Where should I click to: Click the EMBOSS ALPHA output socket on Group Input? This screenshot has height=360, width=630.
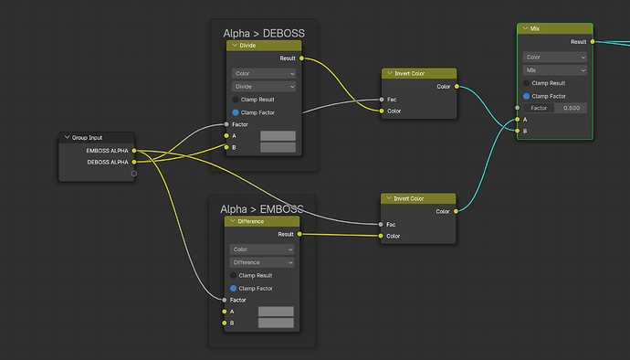(x=134, y=151)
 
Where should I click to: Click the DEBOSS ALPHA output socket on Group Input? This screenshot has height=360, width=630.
(x=134, y=162)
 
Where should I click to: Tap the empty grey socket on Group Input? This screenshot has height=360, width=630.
(x=134, y=174)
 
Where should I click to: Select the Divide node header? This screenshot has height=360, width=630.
(x=264, y=46)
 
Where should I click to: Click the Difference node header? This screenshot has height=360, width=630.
(x=262, y=221)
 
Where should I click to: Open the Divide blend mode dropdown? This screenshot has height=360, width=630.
(x=264, y=87)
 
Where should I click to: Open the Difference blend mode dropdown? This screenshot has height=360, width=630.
(x=261, y=262)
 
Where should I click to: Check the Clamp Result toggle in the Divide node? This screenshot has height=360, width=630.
(x=236, y=100)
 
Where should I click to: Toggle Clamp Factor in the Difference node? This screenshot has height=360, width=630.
(x=234, y=289)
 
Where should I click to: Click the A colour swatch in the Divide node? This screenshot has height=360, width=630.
(x=278, y=135)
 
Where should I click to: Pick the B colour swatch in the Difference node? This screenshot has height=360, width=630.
(x=276, y=323)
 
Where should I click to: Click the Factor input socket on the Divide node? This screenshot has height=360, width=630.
(x=226, y=124)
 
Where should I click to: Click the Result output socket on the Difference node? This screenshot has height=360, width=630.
(x=299, y=234)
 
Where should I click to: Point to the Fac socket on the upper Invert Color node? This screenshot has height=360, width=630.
(x=382, y=100)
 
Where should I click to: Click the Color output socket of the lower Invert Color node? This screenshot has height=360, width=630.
(x=456, y=211)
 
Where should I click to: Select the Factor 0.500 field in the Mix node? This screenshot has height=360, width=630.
(x=555, y=108)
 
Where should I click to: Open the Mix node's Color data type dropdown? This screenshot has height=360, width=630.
(x=555, y=58)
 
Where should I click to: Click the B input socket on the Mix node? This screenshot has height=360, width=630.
(x=518, y=131)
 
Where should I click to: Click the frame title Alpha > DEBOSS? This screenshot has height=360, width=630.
(x=264, y=34)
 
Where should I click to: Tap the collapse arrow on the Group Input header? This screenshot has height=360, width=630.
(x=67, y=138)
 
